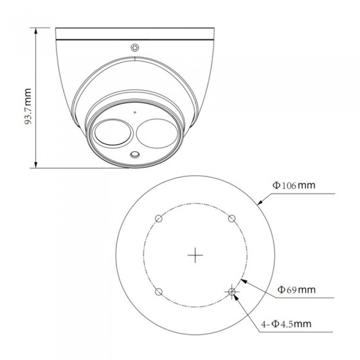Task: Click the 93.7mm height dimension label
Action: coord(28,106)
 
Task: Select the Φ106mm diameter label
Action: coord(294,185)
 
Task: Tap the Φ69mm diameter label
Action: coord(296,289)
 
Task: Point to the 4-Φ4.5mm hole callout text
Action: coord(286,324)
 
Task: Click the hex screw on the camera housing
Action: coord(135,48)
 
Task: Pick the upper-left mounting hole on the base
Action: coord(159,219)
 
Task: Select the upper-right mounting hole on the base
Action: coord(232,219)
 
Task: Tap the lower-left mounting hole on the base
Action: coord(159,292)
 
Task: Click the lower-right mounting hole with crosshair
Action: coord(232,292)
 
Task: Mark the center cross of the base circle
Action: coord(195,255)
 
